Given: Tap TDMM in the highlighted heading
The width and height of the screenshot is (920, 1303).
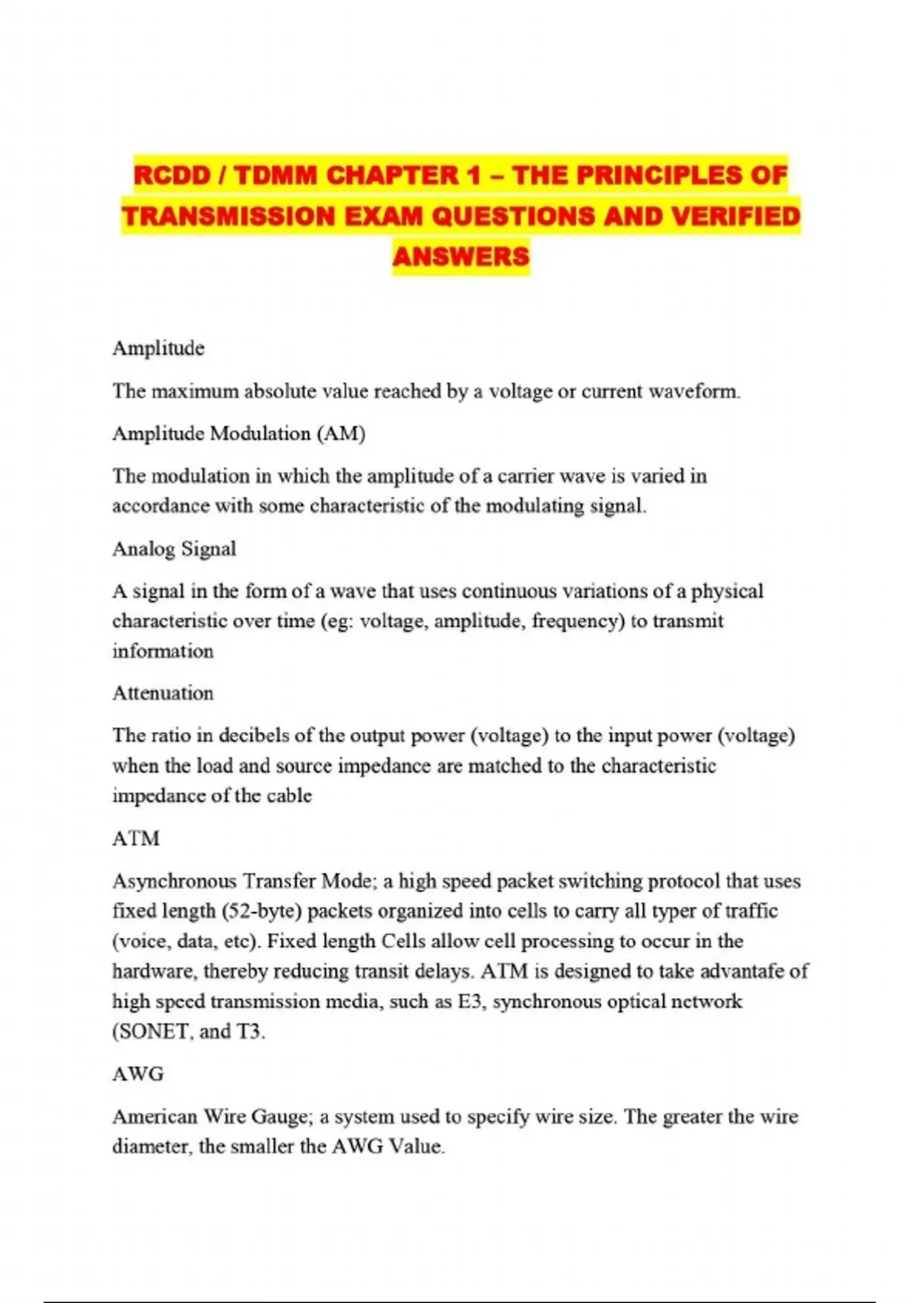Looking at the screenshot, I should click(276, 176).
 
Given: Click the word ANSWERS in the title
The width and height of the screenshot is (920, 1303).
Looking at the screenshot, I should click(461, 256).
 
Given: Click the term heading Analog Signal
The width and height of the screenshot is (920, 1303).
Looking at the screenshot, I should click(174, 549).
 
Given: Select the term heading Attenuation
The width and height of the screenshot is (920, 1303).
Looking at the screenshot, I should click(163, 693).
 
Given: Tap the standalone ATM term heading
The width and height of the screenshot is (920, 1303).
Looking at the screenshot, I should click(136, 839).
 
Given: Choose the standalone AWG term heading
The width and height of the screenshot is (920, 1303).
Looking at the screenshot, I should click(138, 1074).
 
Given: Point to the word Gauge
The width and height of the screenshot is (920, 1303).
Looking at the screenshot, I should click(275, 1117).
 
